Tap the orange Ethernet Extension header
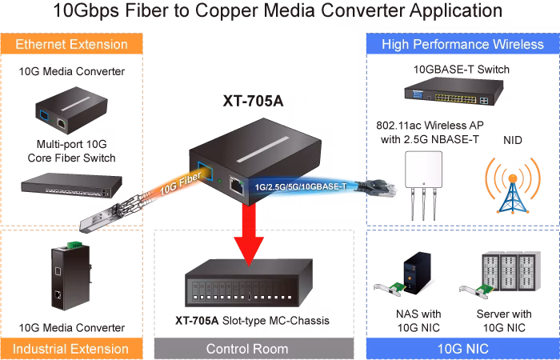click(x=71, y=44)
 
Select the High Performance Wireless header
click(x=463, y=44)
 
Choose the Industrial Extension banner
click(x=71, y=349)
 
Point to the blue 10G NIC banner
click(x=463, y=349)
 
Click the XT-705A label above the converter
click(x=253, y=101)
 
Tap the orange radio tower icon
click(x=513, y=186)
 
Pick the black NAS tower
click(x=417, y=274)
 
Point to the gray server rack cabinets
click(x=511, y=270)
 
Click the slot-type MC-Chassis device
click(x=249, y=283)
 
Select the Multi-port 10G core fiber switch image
click(x=71, y=185)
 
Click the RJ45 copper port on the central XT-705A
click(x=236, y=186)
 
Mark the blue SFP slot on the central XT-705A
click(x=205, y=171)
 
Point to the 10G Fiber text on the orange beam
click(x=181, y=184)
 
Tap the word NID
click(x=513, y=140)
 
